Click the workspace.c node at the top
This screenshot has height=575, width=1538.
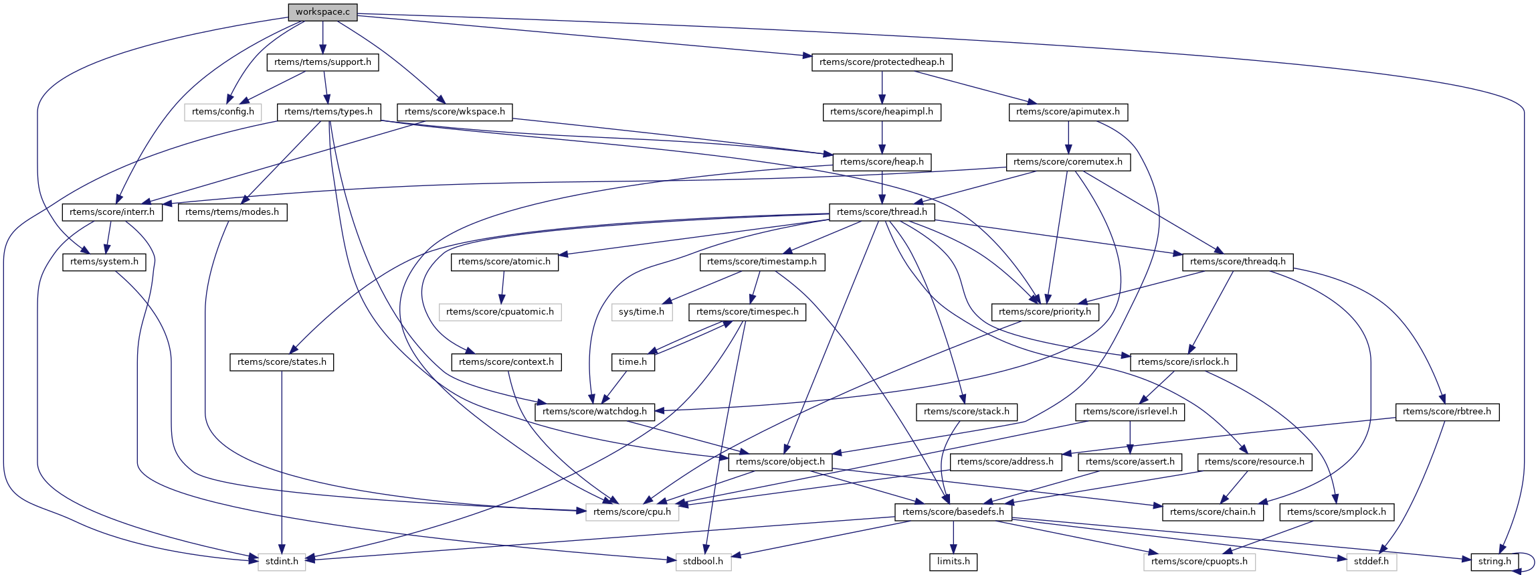[x=322, y=12]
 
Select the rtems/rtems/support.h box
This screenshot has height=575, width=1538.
[x=322, y=62]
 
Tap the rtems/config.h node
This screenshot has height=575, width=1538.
[x=223, y=112]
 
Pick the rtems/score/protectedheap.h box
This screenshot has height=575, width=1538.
[x=882, y=62]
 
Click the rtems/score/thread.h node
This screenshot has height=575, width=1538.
[x=882, y=212]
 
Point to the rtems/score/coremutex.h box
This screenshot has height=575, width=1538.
[x=1068, y=162]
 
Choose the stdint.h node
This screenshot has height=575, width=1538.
[x=282, y=561]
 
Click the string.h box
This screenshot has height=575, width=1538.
[x=1494, y=561]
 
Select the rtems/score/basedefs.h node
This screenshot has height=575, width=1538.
[x=953, y=512]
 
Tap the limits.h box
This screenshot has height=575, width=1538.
[x=953, y=561]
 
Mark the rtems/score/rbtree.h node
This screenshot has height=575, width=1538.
[x=1446, y=412]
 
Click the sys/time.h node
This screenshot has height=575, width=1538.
[x=641, y=312]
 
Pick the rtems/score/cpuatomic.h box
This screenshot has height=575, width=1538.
[x=500, y=312]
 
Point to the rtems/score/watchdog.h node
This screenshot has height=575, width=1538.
[x=595, y=412]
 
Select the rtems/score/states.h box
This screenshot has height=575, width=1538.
[x=282, y=362]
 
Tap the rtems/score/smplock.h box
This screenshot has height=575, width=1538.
[x=1336, y=512]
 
